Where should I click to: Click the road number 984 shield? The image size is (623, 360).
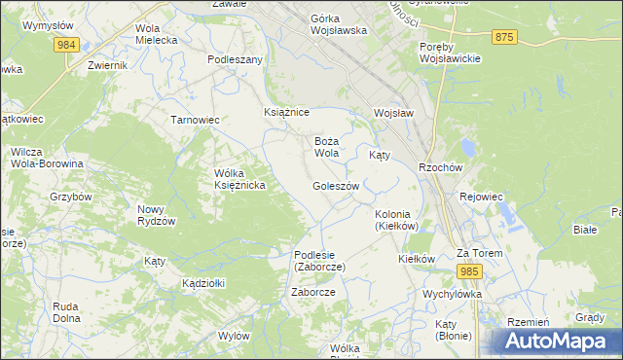coord(66,46)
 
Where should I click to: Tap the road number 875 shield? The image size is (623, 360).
coord(503,37)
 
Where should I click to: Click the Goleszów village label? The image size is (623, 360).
coord(336,186)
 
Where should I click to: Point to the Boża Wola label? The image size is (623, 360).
coord(326,147)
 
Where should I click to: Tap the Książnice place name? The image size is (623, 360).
coord(286,113)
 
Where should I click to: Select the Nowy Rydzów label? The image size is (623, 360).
coord(157,215)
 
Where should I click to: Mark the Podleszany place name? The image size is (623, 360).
coord(236,59)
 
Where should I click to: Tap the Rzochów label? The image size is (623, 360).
coord(439,166)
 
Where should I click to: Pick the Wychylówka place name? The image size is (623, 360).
coord(453,293)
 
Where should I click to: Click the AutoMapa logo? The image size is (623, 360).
coord(559,341)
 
